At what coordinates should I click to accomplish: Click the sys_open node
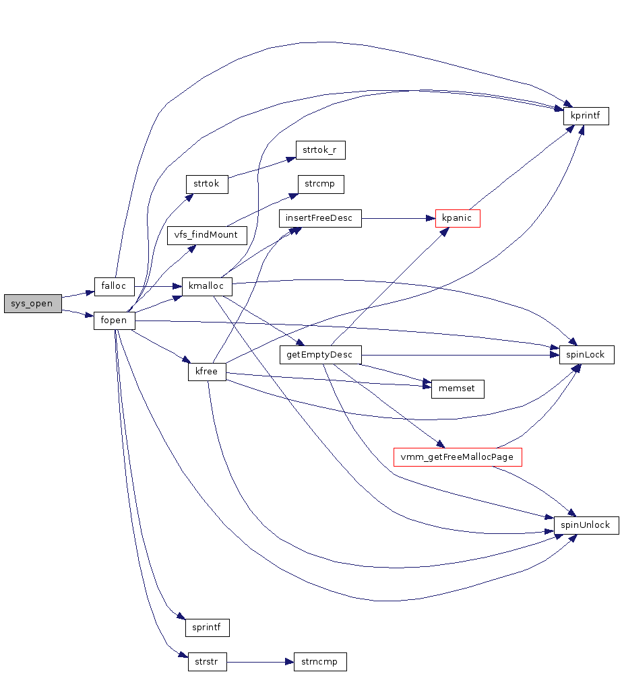pyautogui.click(x=32, y=304)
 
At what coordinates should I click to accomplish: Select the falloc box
pyautogui.click(x=114, y=285)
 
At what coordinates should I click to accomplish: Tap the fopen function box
pyautogui.click(x=114, y=321)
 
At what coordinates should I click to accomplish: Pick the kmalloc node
pyautogui.click(x=206, y=287)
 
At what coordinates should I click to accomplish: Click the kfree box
pyautogui.click(x=206, y=372)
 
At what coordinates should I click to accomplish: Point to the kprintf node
pyautogui.click(x=586, y=115)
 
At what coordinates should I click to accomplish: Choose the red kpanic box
pyautogui.click(x=458, y=219)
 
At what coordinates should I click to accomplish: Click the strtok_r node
pyautogui.click(x=320, y=150)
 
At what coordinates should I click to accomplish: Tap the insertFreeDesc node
pyautogui.click(x=320, y=219)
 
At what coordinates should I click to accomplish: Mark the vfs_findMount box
pyautogui.click(x=207, y=236)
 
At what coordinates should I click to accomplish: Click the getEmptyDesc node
pyautogui.click(x=320, y=355)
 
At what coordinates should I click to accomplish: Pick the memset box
pyautogui.click(x=458, y=389)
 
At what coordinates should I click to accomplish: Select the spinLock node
pyautogui.click(x=586, y=355)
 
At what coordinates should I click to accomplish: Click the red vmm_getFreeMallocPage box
pyautogui.click(x=458, y=457)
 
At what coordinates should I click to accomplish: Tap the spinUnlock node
pyautogui.click(x=586, y=525)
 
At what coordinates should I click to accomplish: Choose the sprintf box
pyautogui.click(x=208, y=628)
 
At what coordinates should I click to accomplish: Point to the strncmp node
pyautogui.click(x=320, y=662)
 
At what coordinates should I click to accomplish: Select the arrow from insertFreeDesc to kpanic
pyautogui.click(x=398, y=219)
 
